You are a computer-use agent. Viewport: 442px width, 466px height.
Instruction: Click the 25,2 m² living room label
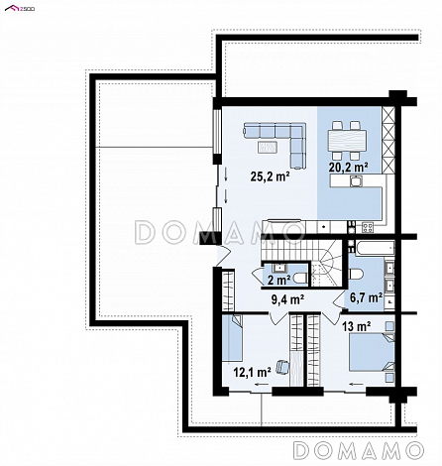tap(270, 176)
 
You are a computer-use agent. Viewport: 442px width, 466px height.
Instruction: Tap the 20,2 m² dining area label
tap(348, 167)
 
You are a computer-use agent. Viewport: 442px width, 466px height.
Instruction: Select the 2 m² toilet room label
tap(278, 280)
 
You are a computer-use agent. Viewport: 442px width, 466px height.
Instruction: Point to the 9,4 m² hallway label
tap(287, 299)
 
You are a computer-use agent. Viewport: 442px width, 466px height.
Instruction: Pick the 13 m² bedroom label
tap(356, 326)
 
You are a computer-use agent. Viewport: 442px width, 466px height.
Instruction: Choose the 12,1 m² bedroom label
tap(253, 372)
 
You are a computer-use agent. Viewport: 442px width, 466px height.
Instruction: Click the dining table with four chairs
tap(347, 141)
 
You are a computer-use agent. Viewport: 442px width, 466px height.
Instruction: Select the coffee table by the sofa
tap(267, 148)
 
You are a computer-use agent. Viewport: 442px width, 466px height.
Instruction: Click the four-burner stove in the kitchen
tap(368, 227)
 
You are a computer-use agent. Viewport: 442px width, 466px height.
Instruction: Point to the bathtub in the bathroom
tap(374, 248)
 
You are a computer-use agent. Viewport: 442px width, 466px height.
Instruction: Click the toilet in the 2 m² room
tap(300, 279)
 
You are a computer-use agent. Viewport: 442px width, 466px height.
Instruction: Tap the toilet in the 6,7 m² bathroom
tap(356, 274)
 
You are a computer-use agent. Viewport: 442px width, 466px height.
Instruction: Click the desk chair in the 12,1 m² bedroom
tap(281, 367)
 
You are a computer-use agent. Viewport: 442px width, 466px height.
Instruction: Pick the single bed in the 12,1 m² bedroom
tap(232, 337)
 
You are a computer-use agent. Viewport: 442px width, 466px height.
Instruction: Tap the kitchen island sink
tap(356, 181)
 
